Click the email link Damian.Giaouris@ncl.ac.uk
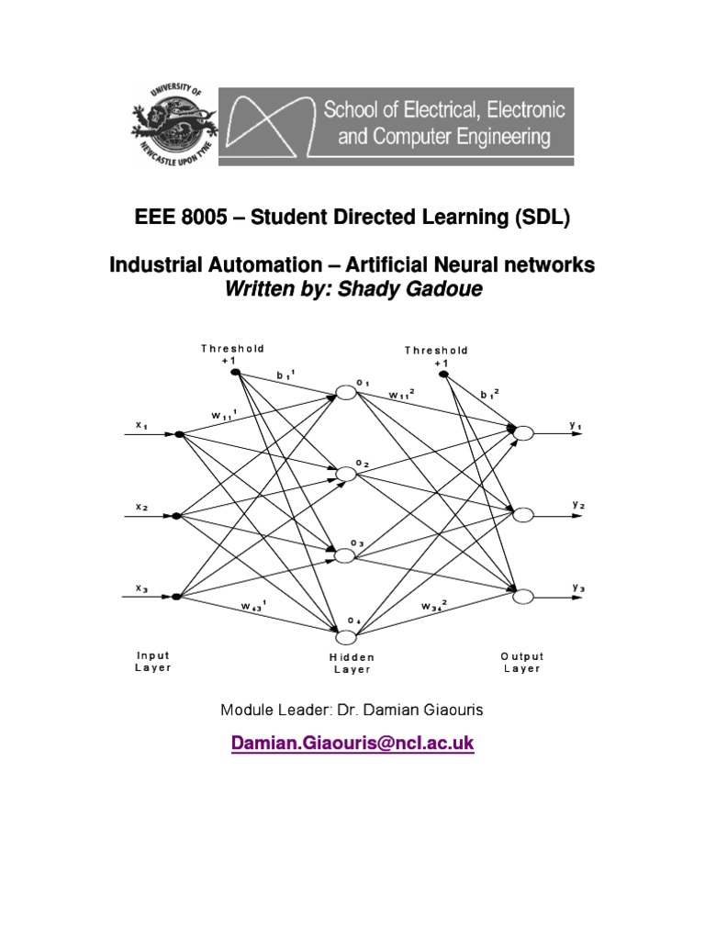[352, 744]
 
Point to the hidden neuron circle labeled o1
[346, 392]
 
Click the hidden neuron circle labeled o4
[346, 637]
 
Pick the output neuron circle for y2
[523, 515]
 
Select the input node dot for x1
[178, 434]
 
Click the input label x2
[142, 507]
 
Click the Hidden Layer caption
[352, 663]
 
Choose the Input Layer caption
[153, 662]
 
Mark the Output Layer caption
[522, 662]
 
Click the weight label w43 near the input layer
[252, 606]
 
